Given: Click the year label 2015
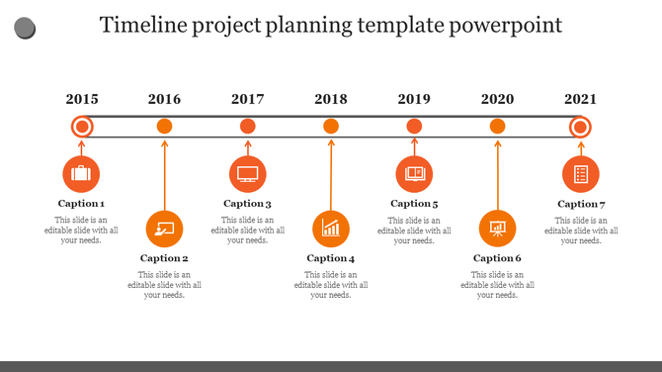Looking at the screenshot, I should click(82, 99).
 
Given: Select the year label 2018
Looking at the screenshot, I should click(331, 99).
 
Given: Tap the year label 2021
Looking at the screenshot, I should click(580, 99).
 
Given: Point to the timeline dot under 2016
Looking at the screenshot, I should click(165, 126).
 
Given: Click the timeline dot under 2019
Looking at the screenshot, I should click(414, 126).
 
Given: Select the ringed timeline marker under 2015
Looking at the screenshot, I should click(82, 126).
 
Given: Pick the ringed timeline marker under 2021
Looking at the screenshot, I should click(580, 126).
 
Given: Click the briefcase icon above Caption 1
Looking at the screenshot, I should click(81, 174).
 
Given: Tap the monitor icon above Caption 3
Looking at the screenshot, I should click(247, 174).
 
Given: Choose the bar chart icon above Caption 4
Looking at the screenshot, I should click(331, 229).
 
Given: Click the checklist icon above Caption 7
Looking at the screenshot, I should click(581, 174).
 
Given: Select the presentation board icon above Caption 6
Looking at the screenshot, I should click(497, 229).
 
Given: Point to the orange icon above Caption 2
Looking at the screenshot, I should click(164, 229).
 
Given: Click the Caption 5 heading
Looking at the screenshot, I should click(414, 204).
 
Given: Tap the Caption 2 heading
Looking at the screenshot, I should click(164, 258).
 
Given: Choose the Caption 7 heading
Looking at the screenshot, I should click(581, 204).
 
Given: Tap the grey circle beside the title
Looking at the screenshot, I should click(25, 28).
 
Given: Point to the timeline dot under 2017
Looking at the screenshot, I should click(248, 126).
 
